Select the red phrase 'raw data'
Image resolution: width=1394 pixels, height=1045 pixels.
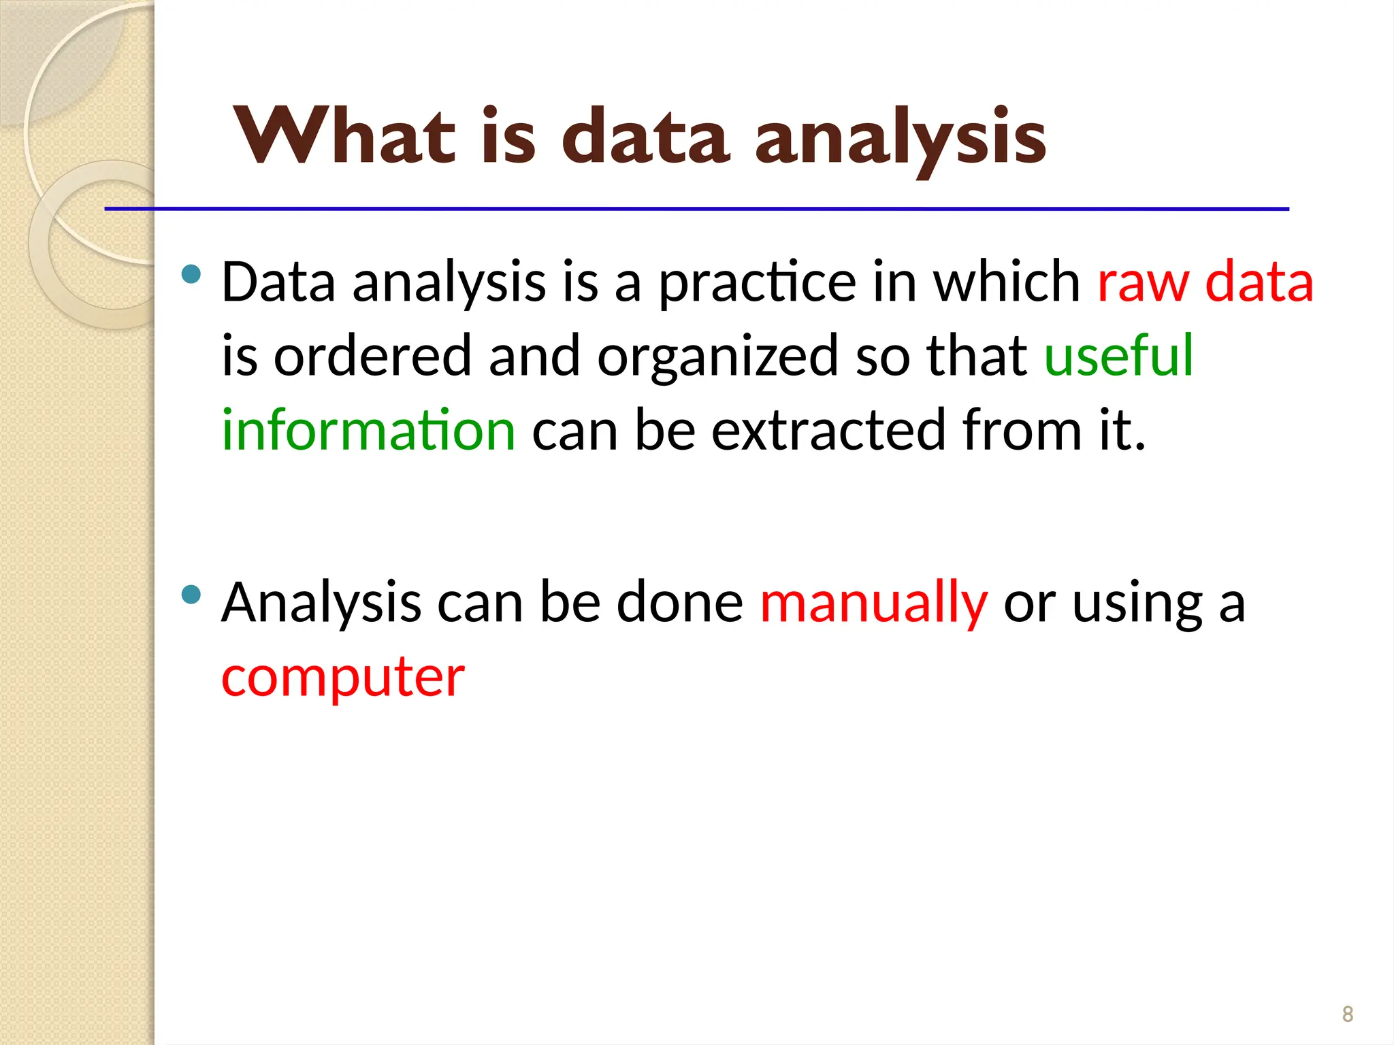coord(1205,282)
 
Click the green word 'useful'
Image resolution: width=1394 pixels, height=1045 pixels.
coord(1118,355)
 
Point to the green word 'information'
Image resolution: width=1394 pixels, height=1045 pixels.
coord(368,430)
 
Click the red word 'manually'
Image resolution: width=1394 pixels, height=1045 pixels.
coord(873,603)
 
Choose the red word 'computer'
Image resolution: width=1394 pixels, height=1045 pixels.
coord(343,678)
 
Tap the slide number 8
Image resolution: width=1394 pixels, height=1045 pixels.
coord(1347,1014)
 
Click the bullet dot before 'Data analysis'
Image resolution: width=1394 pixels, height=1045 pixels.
coord(192,274)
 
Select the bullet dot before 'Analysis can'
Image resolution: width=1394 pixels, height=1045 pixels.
coord(192,595)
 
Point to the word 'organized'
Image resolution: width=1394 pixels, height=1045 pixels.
coord(717,356)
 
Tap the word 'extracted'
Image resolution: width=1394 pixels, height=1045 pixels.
coord(828,430)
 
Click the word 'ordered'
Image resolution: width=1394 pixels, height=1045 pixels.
coord(372,355)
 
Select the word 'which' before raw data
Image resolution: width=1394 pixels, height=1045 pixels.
coord(1006,282)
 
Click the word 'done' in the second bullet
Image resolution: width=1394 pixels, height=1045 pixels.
coord(679,603)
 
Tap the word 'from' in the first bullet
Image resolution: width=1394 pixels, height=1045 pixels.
coord(1022,430)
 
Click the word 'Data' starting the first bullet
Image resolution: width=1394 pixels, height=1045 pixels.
coord(278,282)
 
